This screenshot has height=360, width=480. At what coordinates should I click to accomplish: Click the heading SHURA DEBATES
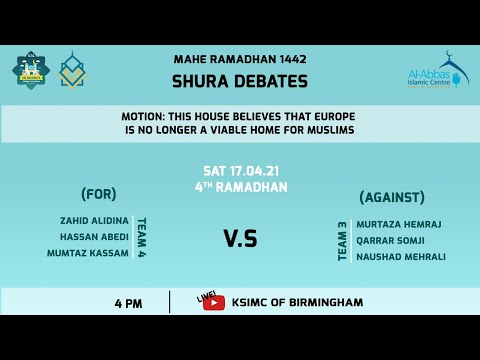pyautogui.click(x=240, y=81)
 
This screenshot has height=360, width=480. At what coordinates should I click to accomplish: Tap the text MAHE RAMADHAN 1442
pyautogui.click(x=240, y=60)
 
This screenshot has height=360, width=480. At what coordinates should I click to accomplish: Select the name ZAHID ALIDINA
pyautogui.click(x=95, y=221)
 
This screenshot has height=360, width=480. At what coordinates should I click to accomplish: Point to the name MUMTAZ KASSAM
pyautogui.click(x=88, y=253)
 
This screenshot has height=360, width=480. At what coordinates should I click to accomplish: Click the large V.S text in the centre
pyautogui.click(x=240, y=238)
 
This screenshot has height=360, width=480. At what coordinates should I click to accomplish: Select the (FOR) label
pyautogui.click(x=99, y=194)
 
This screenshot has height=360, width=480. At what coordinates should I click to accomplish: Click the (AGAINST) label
pyautogui.click(x=392, y=197)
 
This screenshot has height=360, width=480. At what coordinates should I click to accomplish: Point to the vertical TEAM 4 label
pyautogui.click(x=141, y=238)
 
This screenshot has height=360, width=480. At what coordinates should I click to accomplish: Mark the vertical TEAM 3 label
pyautogui.click(x=342, y=241)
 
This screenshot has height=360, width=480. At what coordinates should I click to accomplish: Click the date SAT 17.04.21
pyautogui.click(x=240, y=171)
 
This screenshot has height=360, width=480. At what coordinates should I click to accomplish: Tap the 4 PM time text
pyautogui.click(x=127, y=302)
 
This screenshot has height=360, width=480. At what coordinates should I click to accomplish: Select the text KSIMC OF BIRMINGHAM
pyautogui.click(x=297, y=302)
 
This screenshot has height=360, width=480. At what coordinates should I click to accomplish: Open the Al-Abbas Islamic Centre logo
pyautogui.click(x=436, y=72)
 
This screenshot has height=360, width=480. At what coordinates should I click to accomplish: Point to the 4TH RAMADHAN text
pyautogui.click(x=240, y=187)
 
